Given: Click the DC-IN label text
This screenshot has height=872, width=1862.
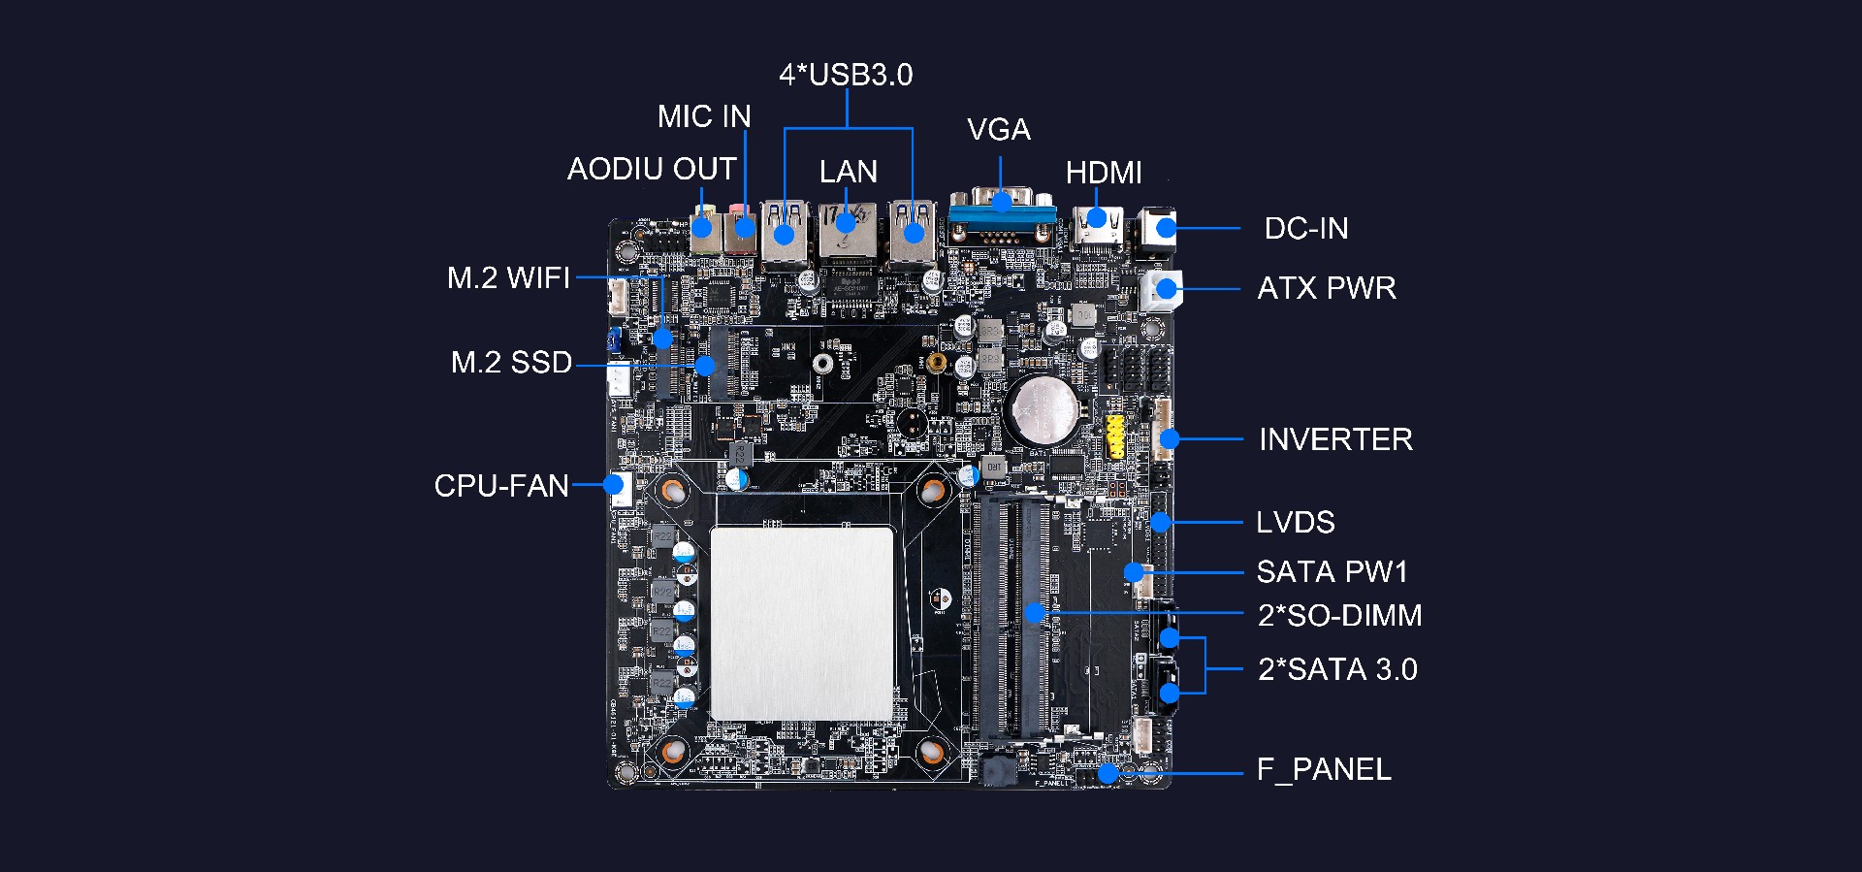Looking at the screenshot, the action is [x=1306, y=228].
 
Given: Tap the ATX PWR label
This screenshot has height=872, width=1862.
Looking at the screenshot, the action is [x=1327, y=288].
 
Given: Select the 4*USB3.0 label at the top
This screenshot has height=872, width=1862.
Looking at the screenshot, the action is [x=846, y=75].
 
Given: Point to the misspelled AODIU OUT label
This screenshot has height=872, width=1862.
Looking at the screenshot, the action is [x=652, y=169].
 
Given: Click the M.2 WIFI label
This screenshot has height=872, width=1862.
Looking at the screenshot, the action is [x=509, y=278].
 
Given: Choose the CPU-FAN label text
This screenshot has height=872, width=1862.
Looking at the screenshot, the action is [x=501, y=485].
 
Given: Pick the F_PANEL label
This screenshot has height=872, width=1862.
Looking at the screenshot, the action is [x=1324, y=770].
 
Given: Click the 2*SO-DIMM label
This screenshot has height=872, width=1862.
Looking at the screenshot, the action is [x=1340, y=615].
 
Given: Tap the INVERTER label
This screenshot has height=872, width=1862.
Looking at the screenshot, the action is [x=1335, y=439].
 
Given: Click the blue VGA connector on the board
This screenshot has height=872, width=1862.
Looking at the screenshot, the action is [x=1002, y=215].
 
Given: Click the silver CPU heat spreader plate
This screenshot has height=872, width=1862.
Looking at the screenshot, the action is [x=802, y=624].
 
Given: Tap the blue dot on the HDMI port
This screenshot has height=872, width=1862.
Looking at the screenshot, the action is [x=1097, y=217].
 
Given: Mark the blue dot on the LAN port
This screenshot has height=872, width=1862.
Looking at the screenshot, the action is [x=847, y=224].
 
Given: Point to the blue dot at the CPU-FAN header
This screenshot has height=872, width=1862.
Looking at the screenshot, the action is [x=614, y=484].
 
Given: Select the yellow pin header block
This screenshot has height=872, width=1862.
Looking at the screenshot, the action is [x=1116, y=437].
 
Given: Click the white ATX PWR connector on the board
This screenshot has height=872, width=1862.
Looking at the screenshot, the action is [x=1161, y=289].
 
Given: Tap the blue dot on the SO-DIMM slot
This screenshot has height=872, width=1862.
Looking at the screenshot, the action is [x=1035, y=613].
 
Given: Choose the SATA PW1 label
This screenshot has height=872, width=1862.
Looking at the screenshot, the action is [x=1332, y=572].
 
